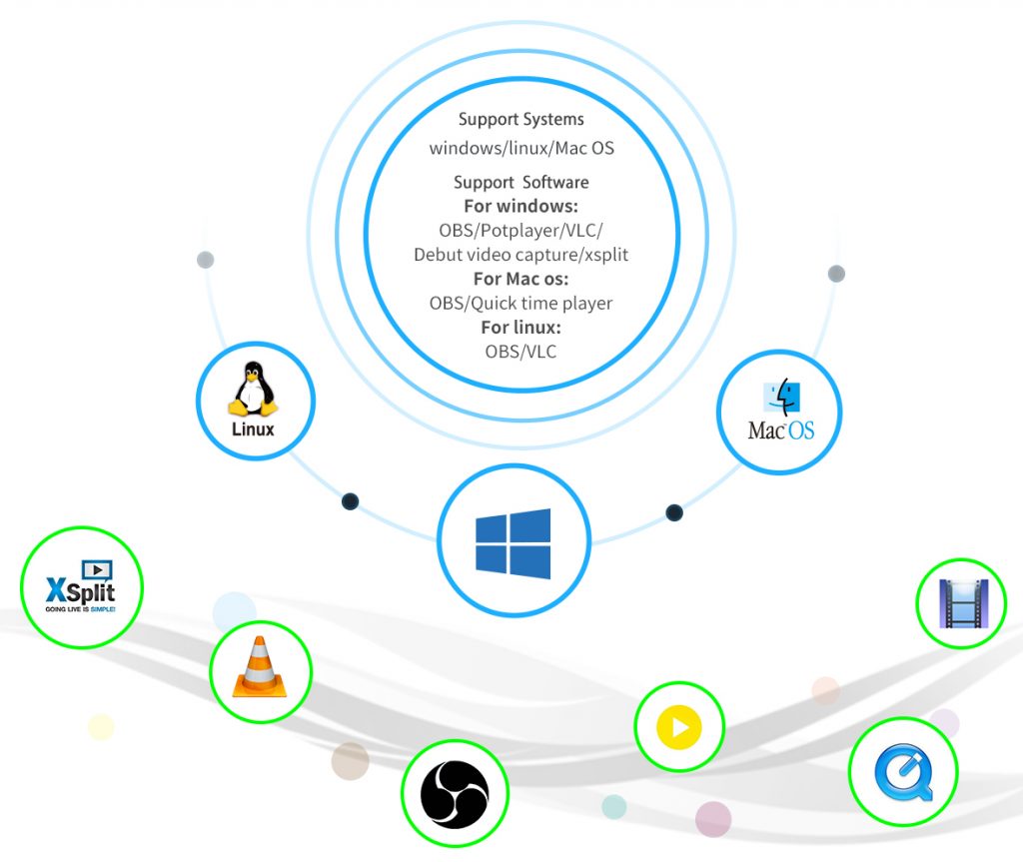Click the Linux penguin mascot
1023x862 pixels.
pos(253,389)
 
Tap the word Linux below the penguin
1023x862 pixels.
pos(253,430)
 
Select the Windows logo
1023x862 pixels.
pos(513,543)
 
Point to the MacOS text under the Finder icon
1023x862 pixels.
pos(781,431)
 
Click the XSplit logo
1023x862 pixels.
pos(81,586)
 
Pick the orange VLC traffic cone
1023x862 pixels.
pos(260,667)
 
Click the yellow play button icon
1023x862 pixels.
pos(679,727)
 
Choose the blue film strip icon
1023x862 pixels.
pos(963,603)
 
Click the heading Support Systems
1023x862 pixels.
pos(521,120)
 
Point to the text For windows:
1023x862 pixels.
pos(520,206)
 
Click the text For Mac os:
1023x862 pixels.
pos(520,279)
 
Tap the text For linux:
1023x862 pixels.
pos(520,327)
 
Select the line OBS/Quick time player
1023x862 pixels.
pos(520,304)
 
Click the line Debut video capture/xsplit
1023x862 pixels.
pos(520,255)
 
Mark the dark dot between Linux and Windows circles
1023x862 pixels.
pos(351,501)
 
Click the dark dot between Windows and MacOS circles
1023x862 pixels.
pos(674,512)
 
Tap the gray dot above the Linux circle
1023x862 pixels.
pos(206,260)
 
